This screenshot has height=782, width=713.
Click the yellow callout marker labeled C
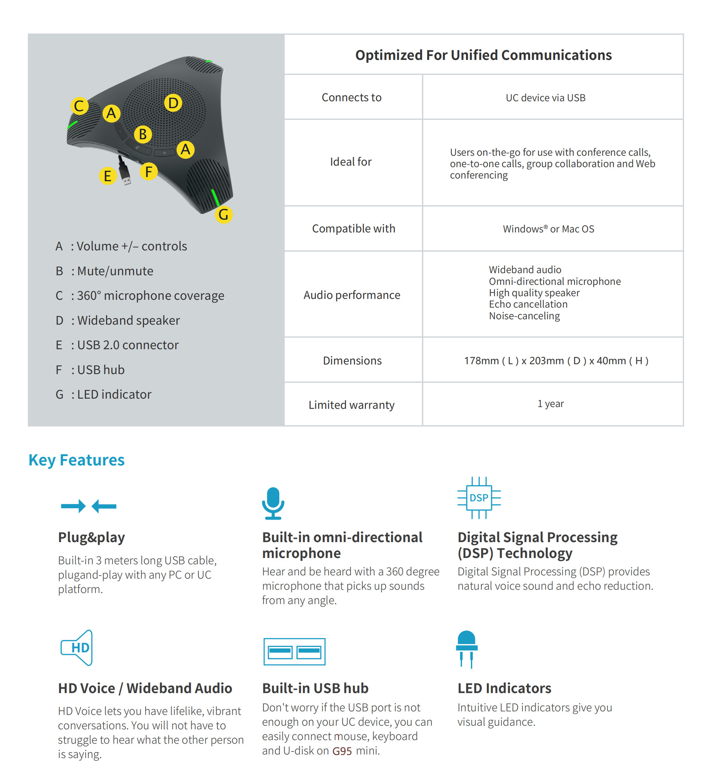(79, 106)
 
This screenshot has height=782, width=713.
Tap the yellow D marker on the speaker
(173, 103)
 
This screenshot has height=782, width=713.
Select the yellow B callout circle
(143, 134)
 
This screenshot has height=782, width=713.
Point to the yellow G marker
(223, 214)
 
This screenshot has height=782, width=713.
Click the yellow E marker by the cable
(108, 176)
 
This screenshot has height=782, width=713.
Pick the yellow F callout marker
(149, 171)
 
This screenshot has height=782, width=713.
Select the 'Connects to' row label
(351, 97)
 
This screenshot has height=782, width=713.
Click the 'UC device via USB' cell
(545, 98)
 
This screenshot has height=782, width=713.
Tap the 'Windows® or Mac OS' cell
(548, 229)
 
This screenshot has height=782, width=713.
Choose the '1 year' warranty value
(550, 404)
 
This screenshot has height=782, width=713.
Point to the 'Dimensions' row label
(352, 360)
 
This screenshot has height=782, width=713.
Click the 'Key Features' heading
(77, 460)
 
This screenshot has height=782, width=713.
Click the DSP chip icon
(479, 498)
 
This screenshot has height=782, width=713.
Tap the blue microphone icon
(273, 503)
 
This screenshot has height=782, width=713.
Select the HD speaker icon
(77, 648)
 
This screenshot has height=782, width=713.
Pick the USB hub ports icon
(294, 652)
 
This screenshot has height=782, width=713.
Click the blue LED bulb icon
(467, 648)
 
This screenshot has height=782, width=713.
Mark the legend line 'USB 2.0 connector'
(128, 345)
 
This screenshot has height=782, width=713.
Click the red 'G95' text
(342, 751)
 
